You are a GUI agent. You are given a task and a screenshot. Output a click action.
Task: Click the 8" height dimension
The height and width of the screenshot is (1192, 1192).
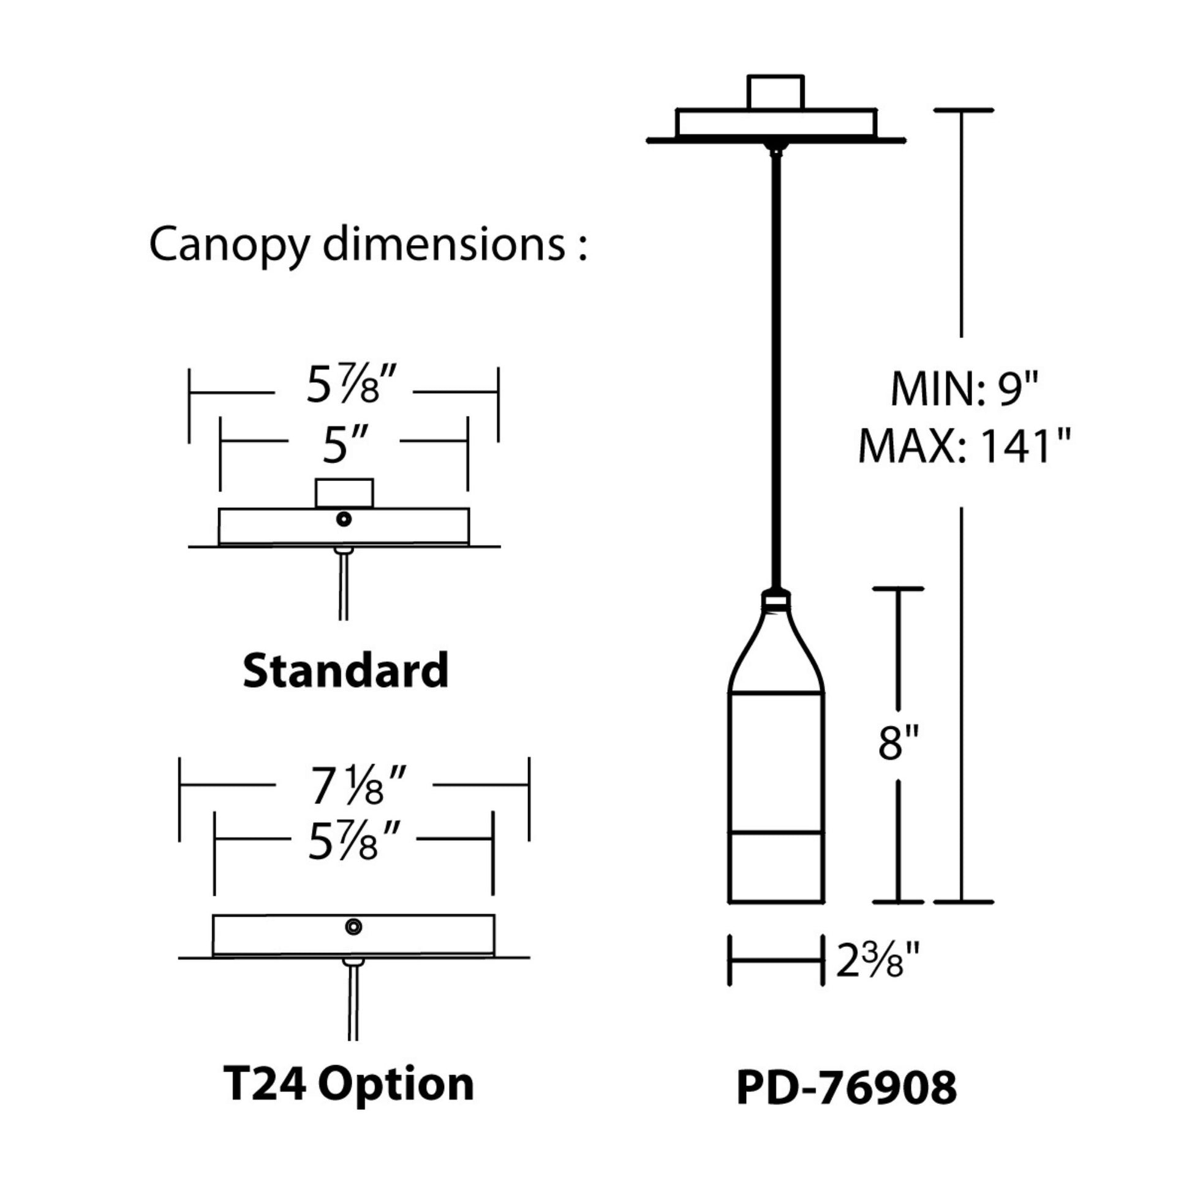tap(899, 742)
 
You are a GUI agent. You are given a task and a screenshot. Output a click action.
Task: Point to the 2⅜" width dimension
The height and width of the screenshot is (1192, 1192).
tap(877, 960)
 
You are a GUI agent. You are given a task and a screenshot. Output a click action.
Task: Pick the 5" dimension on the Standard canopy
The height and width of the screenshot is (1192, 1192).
tap(344, 445)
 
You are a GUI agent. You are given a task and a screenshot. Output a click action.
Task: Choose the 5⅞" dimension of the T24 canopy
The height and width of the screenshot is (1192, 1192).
tap(350, 841)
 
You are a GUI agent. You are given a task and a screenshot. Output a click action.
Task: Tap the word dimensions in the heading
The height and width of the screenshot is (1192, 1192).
tap(443, 244)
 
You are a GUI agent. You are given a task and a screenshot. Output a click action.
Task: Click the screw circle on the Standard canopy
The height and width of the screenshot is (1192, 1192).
tap(344, 519)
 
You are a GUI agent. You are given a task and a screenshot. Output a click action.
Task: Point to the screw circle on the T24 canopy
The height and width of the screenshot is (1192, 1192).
tap(353, 926)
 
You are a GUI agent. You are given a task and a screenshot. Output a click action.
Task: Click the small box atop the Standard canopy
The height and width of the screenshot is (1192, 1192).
tap(344, 493)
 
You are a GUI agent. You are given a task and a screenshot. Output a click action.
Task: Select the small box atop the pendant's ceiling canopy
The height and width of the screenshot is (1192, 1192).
tap(775, 92)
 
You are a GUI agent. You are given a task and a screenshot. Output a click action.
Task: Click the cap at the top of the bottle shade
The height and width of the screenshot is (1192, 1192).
tap(775, 598)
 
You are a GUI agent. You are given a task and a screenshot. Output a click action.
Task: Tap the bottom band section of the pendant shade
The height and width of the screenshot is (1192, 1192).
tap(775, 867)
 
